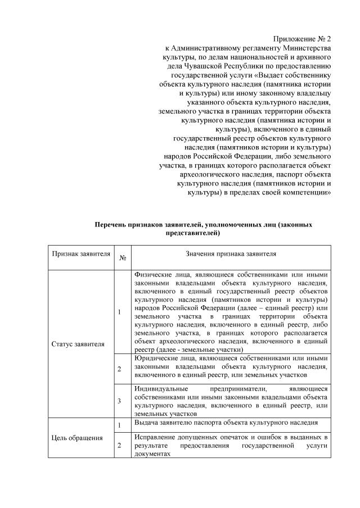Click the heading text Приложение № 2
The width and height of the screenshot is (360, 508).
(302, 39)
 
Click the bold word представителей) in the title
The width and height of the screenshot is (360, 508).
(192, 233)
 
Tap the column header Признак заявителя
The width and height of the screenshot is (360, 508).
(81, 254)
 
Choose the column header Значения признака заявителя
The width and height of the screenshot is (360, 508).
(231, 254)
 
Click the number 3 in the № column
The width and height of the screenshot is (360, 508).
(119, 401)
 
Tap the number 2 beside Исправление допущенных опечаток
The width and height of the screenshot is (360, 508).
(119, 445)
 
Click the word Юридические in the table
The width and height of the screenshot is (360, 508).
(156, 357)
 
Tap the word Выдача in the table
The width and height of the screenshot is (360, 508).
(146, 422)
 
